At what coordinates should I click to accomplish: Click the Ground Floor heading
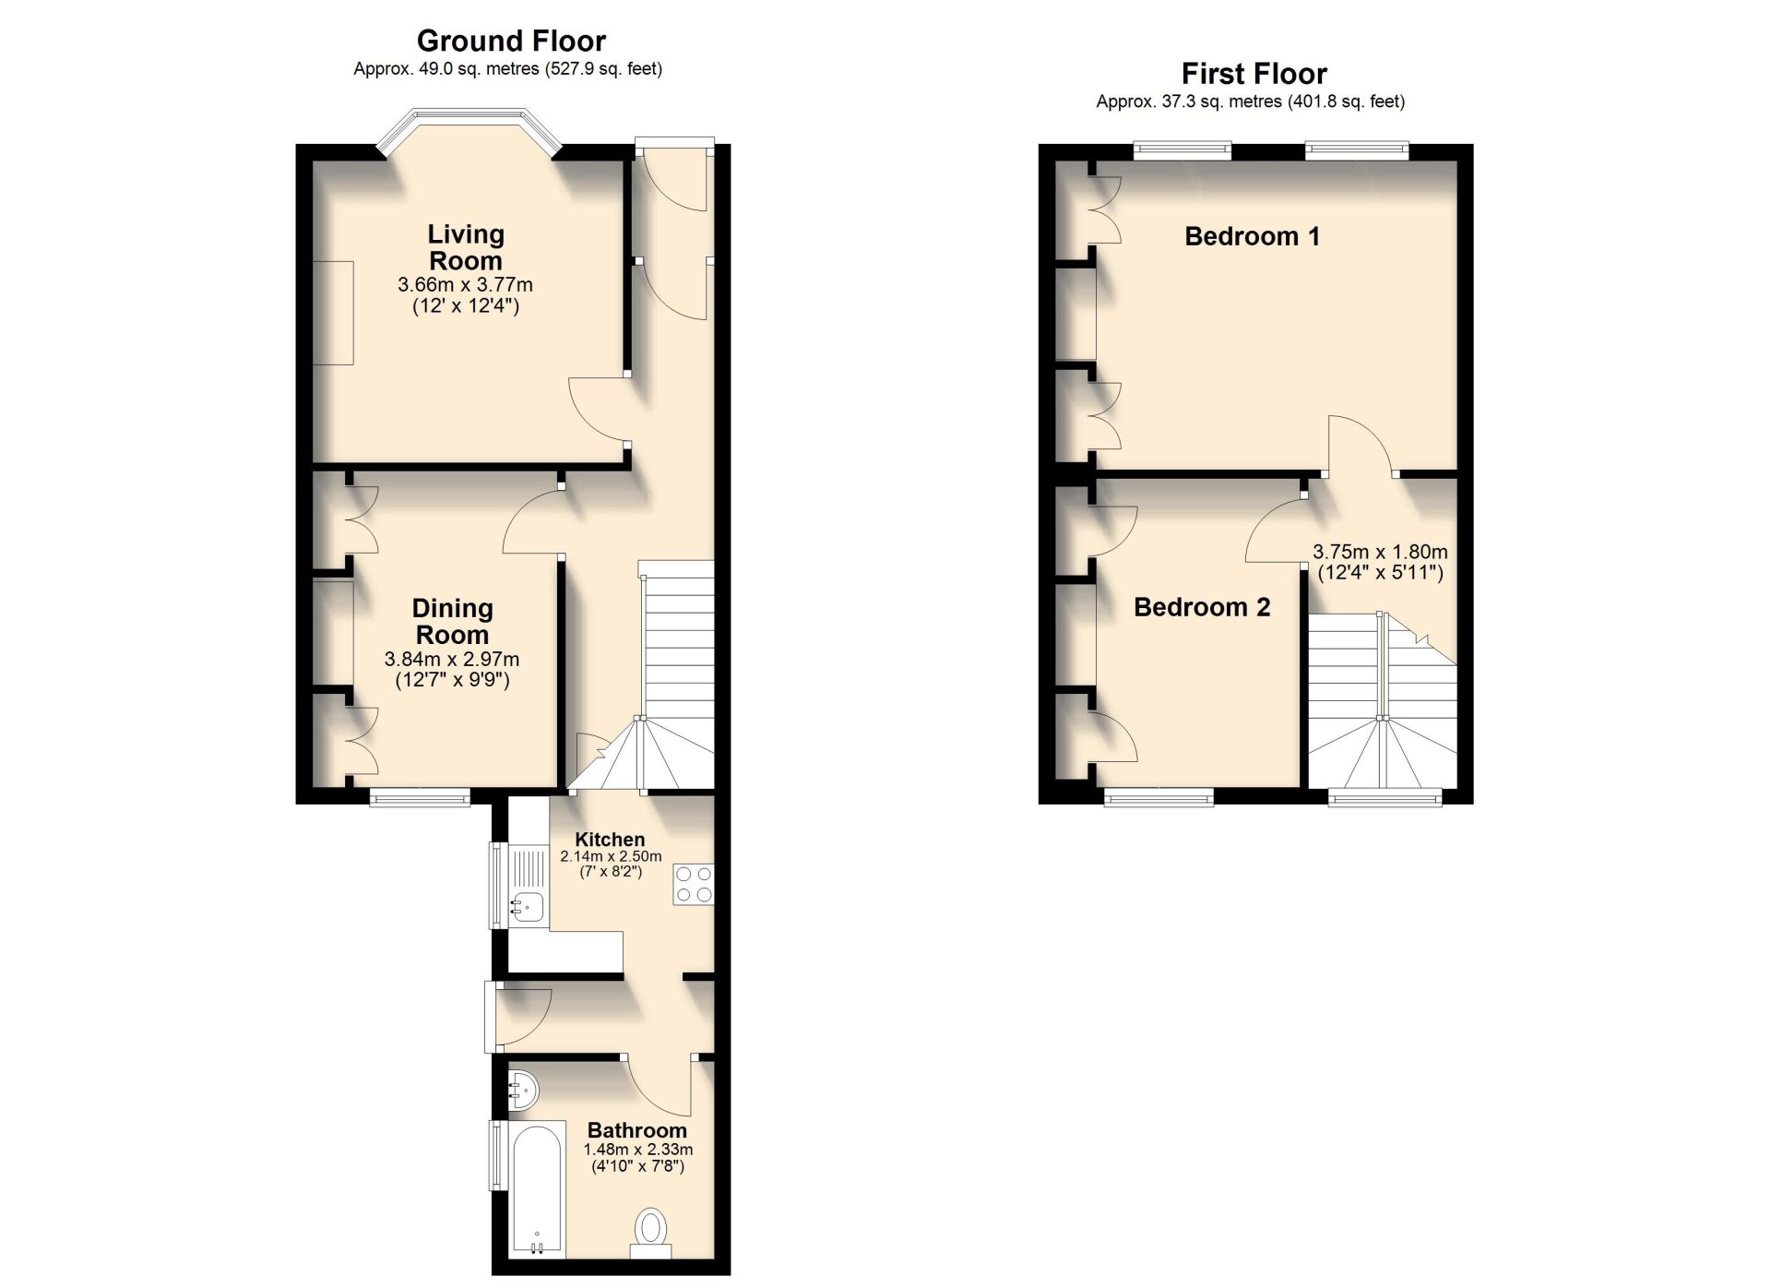click(x=511, y=41)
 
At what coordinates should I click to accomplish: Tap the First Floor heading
click(x=1254, y=74)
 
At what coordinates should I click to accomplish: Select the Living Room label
click(x=466, y=247)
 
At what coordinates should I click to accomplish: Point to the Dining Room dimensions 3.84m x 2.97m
click(x=452, y=660)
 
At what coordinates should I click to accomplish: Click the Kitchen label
click(x=610, y=840)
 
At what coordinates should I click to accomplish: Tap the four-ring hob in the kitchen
click(x=694, y=883)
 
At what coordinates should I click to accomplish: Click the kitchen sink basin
click(x=529, y=907)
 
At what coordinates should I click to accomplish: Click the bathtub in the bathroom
click(x=536, y=1189)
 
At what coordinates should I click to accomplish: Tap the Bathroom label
click(x=637, y=1130)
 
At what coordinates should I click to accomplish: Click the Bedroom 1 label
click(x=1252, y=236)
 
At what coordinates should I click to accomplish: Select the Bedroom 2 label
click(x=1202, y=607)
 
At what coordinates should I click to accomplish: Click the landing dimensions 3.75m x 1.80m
click(x=1380, y=552)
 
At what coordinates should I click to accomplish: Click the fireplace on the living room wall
click(x=333, y=313)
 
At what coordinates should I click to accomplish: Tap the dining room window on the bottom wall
click(x=420, y=797)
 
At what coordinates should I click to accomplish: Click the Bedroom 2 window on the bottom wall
click(x=1159, y=797)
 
